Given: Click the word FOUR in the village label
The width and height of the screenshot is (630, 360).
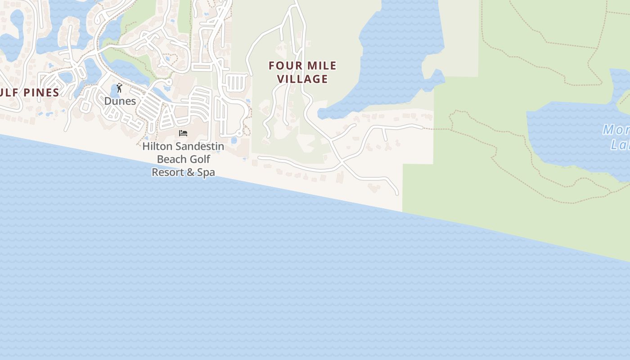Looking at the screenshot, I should pyautogui.click(x=285, y=66).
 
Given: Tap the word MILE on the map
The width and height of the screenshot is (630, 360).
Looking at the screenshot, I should pyautogui.click(x=320, y=66).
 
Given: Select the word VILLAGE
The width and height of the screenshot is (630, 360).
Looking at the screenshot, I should pyautogui.click(x=302, y=79).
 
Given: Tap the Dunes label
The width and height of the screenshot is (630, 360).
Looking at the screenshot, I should pyautogui.click(x=120, y=101).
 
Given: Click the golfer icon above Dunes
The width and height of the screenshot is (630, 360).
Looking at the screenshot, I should pyautogui.click(x=119, y=88).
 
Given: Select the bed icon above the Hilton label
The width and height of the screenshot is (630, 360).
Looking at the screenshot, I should pyautogui.click(x=183, y=133).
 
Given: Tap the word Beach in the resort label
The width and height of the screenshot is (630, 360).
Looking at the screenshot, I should pyautogui.click(x=171, y=159).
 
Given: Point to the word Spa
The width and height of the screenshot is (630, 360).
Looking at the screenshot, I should pyautogui.click(x=206, y=172).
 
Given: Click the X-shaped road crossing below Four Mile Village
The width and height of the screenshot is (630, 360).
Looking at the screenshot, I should pyautogui.click(x=342, y=161).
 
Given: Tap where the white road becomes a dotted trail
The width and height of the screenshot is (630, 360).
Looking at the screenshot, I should pyautogui.click(x=423, y=128).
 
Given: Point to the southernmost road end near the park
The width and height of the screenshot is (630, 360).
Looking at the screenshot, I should pyautogui.click(x=397, y=193).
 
